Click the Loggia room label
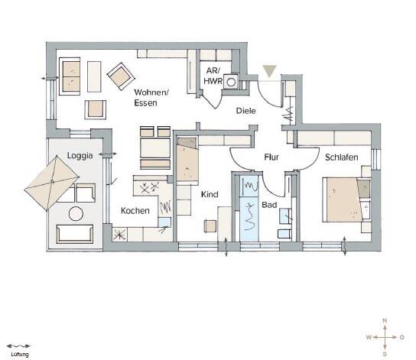tap(80, 156)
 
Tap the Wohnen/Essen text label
tap(151, 98)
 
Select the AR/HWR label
tap(213, 76)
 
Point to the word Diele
tap(246, 111)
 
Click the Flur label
tap(271, 157)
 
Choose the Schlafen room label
tap(342, 157)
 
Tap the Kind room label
tap(210, 194)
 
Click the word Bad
tap(269, 205)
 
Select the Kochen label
tap(135, 211)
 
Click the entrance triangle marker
tap(269, 71)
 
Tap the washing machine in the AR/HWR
tap(231, 82)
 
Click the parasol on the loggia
tap(51, 183)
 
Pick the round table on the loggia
tap(76, 214)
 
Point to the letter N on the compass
tap(385, 320)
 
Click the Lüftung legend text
tap(20, 355)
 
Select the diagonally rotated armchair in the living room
tap(121, 76)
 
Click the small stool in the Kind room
tap(210, 227)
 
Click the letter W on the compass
tap(369, 337)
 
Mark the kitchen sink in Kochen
tap(164, 222)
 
